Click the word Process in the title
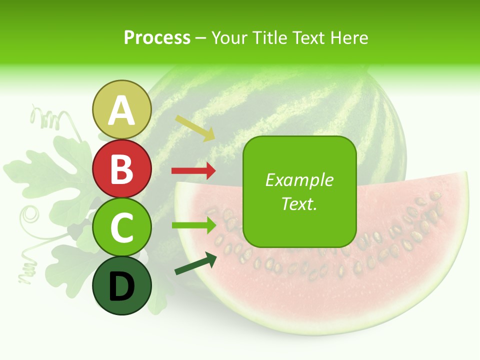pyautogui.click(x=157, y=37)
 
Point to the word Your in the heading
pyautogui.click(x=228, y=37)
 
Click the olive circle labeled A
pyautogui.click(x=122, y=109)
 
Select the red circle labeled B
pyautogui.click(x=122, y=168)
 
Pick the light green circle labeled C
pyautogui.click(x=122, y=227)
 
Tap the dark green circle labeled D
pyautogui.click(x=122, y=285)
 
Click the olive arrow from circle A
pyautogui.click(x=195, y=128)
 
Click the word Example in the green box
pyautogui.click(x=299, y=180)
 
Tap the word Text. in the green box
pyautogui.click(x=299, y=203)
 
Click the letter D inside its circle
pyautogui.click(x=122, y=286)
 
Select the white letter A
pyautogui.click(x=122, y=110)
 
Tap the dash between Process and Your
pyautogui.click(x=201, y=38)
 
